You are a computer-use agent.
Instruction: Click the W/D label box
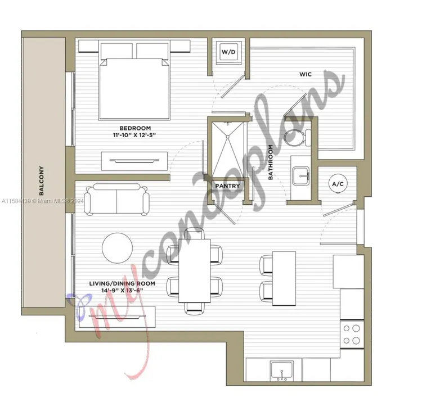pos(228,52)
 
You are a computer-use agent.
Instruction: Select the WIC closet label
pos(306,74)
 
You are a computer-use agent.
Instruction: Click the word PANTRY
pos(227,186)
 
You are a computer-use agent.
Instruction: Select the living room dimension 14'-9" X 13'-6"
pos(121,291)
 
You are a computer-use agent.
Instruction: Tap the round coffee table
pos(118,248)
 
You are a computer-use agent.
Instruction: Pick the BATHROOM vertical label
pos(271,162)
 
